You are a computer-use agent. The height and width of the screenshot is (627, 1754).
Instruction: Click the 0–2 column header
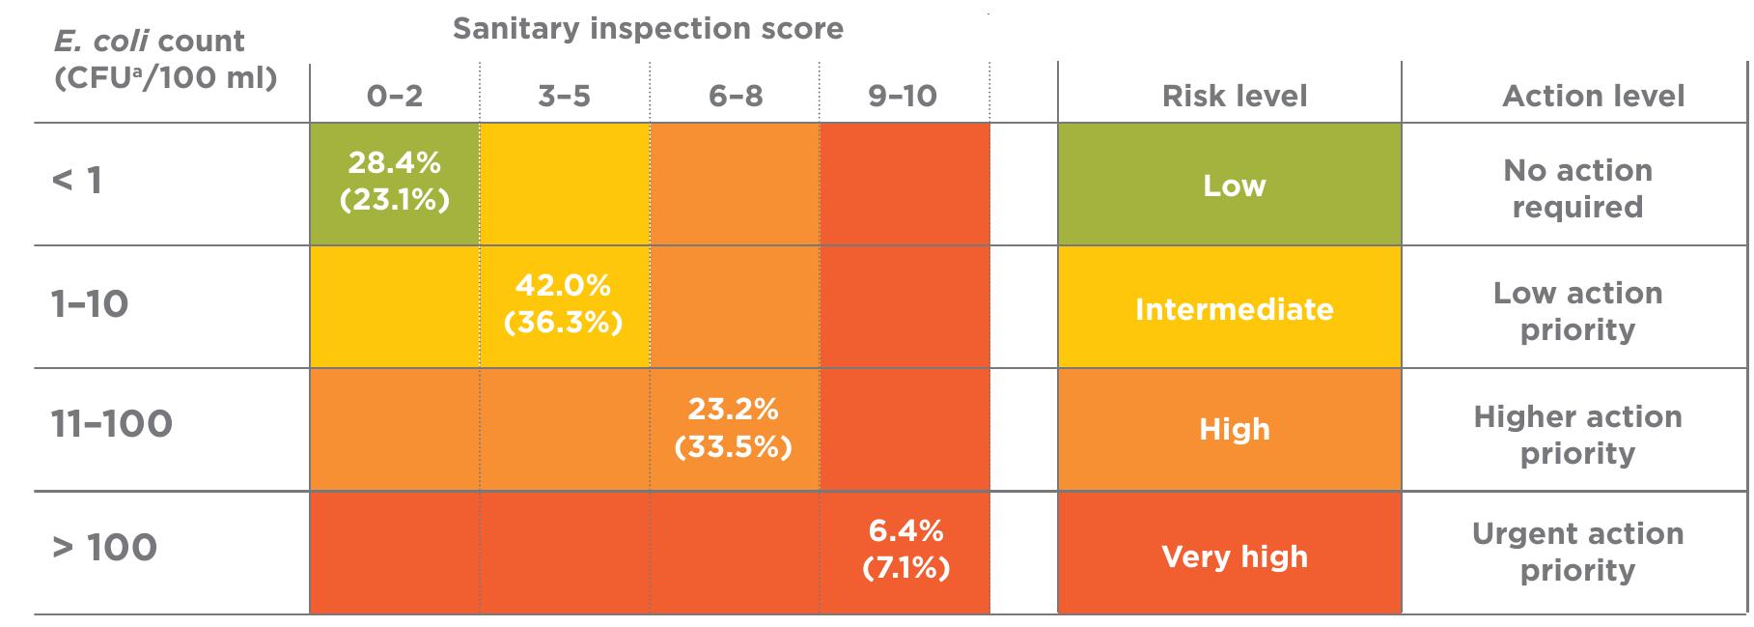click(x=394, y=96)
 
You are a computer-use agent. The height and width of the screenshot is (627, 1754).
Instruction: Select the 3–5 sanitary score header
click(x=564, y=96)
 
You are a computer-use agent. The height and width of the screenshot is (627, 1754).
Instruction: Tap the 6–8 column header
click(x=735, y=96)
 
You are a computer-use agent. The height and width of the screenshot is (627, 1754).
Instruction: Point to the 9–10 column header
click(x=903, y=96)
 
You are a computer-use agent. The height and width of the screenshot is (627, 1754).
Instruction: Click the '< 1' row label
click(x=77, y=181)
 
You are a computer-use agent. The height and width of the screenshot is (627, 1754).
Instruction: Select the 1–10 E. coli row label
click(x=90, y=304)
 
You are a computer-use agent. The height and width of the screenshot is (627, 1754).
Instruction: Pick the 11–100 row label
click(x=112, y=424)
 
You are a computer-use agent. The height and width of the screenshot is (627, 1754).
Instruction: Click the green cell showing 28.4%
click(x=394, y=182)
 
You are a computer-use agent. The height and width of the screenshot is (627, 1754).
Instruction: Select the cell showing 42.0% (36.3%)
click(x=564, y=304)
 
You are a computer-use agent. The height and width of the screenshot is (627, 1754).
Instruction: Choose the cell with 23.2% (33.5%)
click(x=734, y=428)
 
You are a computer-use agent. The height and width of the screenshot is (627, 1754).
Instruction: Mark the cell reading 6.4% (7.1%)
click(x=905, y=550)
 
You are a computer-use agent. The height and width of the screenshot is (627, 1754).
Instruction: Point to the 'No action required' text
click(x=1577, y=188)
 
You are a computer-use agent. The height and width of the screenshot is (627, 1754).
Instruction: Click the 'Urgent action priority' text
click(x=1577, y=552)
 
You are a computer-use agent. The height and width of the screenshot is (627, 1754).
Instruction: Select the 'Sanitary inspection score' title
click(x=648, y=29)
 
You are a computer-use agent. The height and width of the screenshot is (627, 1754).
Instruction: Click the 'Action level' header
click(x=1593, y=96)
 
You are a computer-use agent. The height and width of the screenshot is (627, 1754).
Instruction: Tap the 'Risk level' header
click(x=1234, y=96)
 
